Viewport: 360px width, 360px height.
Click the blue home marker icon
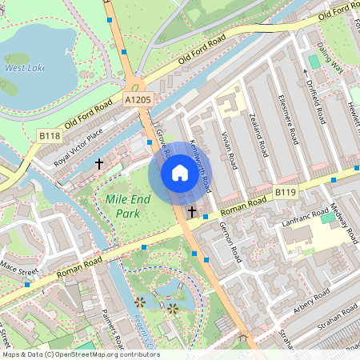(x=180, y=173)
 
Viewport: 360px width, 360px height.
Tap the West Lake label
(x=23, y=69)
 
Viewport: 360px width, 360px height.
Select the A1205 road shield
(x=138, y=98)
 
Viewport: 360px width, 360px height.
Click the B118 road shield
(x=50, y=137)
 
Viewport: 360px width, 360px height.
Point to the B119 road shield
(x=286, y=193)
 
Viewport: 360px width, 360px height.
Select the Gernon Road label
(x=230, y=242)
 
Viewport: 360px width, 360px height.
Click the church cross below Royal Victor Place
(x=99, y=163)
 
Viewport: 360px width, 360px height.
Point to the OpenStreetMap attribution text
(x=80, y=354)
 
